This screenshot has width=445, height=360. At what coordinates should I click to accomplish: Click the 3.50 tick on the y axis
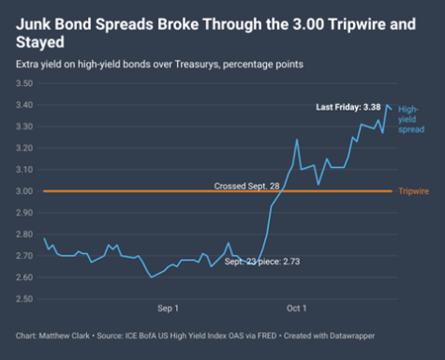[24, 83]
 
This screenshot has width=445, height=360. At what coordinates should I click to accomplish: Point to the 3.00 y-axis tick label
[24, 191]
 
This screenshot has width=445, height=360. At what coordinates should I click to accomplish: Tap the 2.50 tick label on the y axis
[24, 299]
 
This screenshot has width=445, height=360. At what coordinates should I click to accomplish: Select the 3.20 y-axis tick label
[24, 148]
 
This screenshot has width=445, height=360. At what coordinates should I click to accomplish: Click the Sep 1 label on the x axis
[168, 308]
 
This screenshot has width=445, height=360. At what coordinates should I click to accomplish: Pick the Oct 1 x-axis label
[297, 308]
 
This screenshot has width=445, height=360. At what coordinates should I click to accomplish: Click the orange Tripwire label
[413, 191]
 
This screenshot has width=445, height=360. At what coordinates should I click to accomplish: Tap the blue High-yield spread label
[411, 119]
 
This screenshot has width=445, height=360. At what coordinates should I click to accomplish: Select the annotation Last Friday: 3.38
[349, 107]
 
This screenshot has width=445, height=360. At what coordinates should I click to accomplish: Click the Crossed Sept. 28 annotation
[246, 187]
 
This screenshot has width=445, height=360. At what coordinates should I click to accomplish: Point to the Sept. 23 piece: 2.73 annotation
[262, 262]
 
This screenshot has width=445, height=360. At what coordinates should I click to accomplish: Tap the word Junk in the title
[33, 24]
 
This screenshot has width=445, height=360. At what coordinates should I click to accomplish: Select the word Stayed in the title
[40, 42]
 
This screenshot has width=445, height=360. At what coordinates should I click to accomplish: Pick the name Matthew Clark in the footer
[64, 336]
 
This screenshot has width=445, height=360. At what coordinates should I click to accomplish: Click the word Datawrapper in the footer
[352, 336]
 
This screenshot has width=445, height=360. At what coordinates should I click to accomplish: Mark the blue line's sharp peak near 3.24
[297, 140]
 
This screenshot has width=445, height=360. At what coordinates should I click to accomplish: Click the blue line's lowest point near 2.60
[152, 277]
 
